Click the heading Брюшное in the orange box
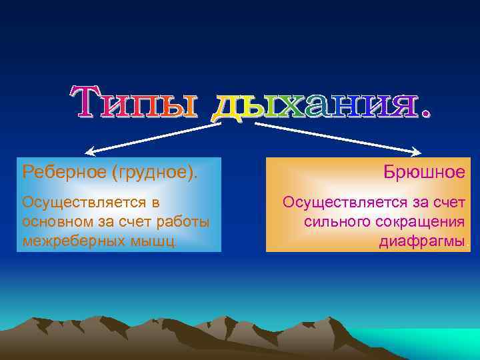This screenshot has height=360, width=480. [x=424, y=172]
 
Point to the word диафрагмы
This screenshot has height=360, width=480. [x=422, y=241]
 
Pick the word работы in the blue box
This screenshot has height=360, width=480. [x=187, y=221]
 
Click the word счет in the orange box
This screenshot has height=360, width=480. [x=448, y=201]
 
